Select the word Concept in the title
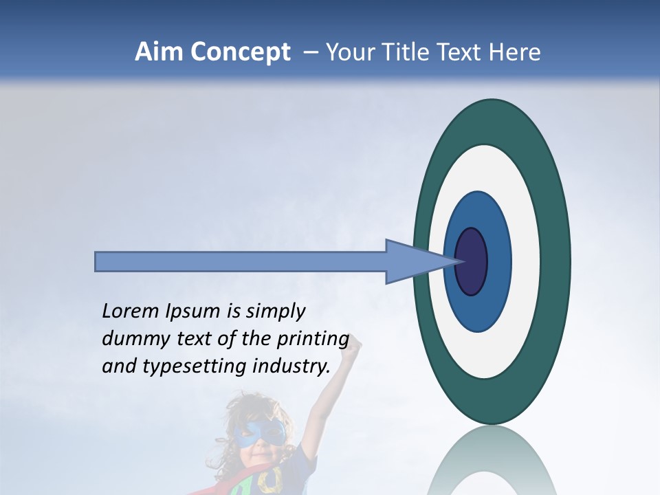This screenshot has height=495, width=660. (241, 53)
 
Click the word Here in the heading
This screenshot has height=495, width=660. (514, 52)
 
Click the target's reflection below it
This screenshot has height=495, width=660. (492, 464)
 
